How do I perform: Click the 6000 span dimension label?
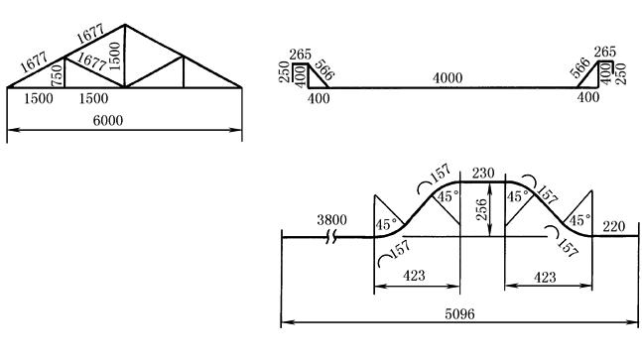[108, 120]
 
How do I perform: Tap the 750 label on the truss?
[58, 75]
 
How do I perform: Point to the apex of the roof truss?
[125, 25]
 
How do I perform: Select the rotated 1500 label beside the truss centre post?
[115, 57]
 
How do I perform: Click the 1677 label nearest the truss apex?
[90, 34]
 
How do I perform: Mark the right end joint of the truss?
[241, 87]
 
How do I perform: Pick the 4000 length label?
[448, 77]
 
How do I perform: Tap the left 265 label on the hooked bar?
[300, 54]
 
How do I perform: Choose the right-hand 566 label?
[580, 67]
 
